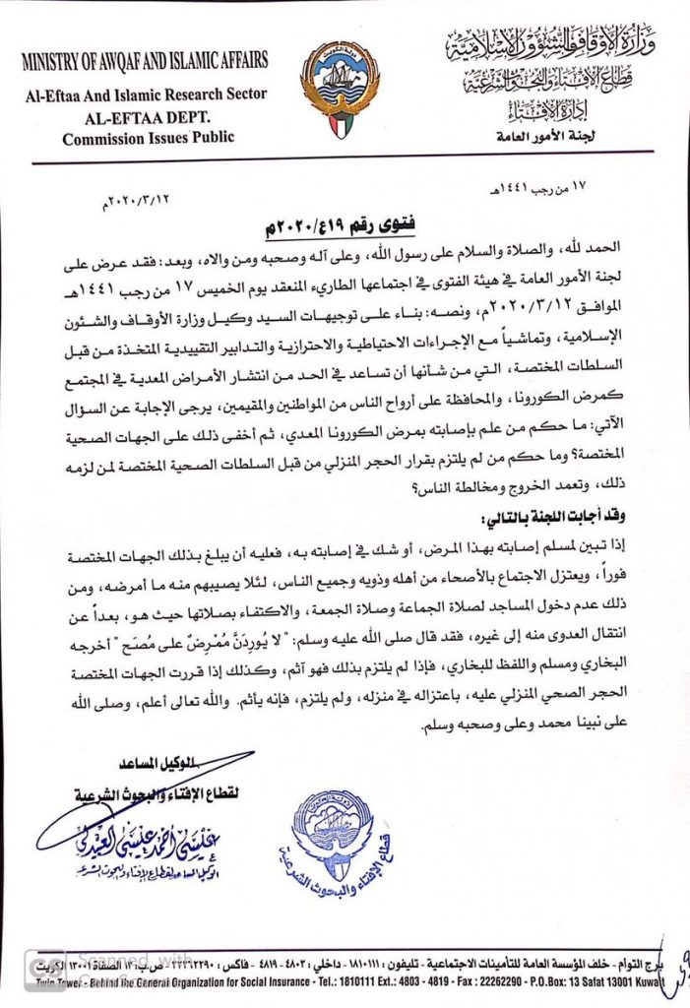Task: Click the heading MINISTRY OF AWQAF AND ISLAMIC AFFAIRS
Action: (145, 61)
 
